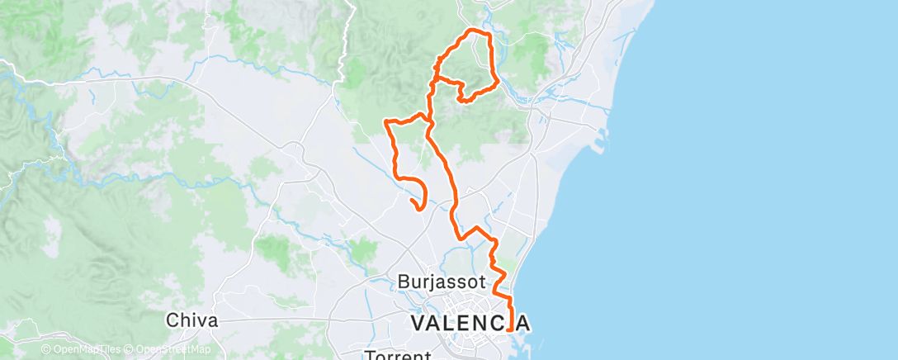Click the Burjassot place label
(x=442, y=282)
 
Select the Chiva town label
(x=191, y=320)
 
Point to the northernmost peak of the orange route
(x=473, y=31)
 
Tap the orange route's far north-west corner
(x=386, y=122)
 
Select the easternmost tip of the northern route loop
(x=499, y=83)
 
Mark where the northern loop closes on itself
(x=434, y=79)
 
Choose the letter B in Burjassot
(x=404, y=282)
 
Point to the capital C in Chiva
(x=173, y=320)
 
